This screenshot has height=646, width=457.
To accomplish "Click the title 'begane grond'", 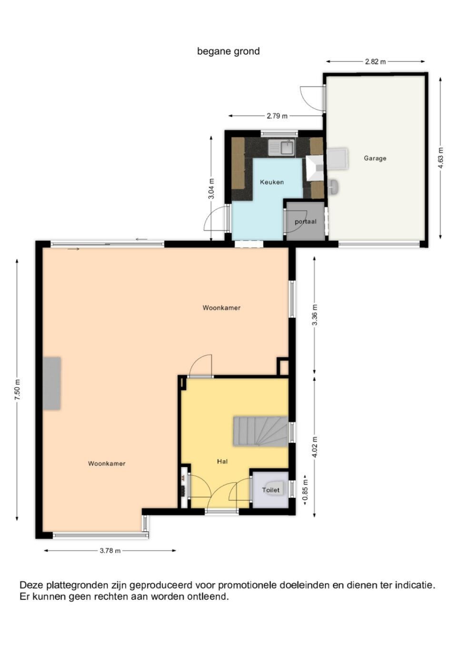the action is tap(228, 51).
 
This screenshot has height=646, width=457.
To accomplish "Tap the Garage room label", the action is tap(375, 158).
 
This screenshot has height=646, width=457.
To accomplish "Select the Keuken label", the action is tap(272, 182).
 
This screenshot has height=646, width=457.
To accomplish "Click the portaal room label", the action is tap(305, 222).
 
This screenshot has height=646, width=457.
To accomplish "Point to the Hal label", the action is tap(222, 461).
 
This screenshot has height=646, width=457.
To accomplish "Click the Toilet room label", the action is tap(271, 490).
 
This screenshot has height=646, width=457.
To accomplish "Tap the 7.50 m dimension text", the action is tap(18, 389).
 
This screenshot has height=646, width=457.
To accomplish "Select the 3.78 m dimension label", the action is tap(110, 550).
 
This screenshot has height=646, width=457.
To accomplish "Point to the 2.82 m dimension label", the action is tap(375, 61).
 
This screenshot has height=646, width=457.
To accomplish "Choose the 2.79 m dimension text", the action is tap(277, 116).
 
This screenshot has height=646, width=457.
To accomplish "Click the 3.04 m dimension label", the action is tap(211, 189).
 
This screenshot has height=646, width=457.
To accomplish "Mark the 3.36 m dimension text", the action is tap(315, 315).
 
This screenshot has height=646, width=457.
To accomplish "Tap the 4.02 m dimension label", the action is tap(315, 447).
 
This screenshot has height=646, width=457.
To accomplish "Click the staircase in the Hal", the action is tap(261, 431).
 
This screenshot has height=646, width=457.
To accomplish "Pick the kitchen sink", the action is tap(281, 147).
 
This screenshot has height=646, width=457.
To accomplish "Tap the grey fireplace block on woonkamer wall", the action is tap(52, 383).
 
